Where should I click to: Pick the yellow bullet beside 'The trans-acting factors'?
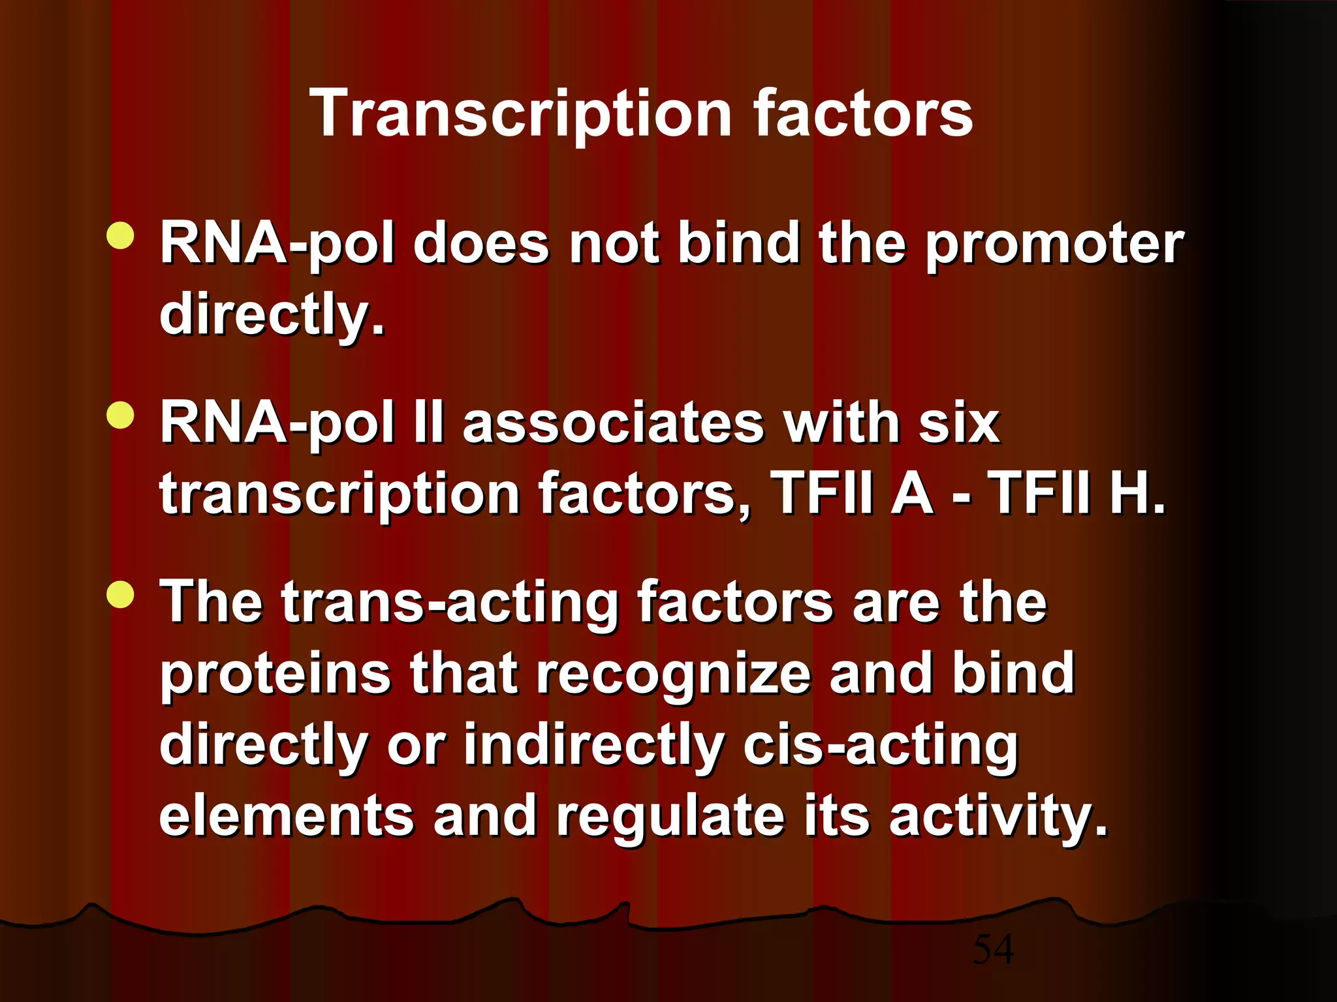tap(120, 594)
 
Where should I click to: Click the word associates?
tap(613, 423)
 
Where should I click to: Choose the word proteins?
tap(275, 675)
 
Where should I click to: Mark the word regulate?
tap(670, 817)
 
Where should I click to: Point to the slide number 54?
tap(993, 949)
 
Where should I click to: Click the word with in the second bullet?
tap(840, 423)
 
